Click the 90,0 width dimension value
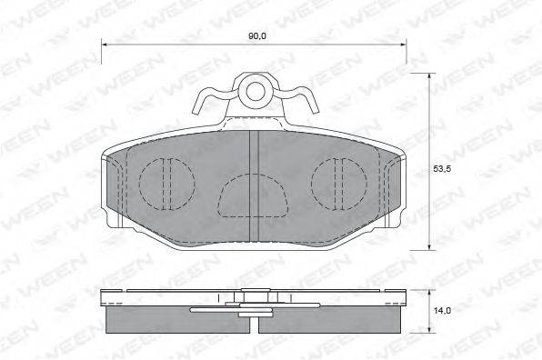pyautogui.click(x=256, y=36)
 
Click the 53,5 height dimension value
pyautogui.click(x=442, y=169)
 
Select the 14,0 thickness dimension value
pyautogui.click(x=443, y=311)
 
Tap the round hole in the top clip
pyautogui.click(x=256, y=92)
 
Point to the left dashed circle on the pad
pyautogui.click(x=139, y=185)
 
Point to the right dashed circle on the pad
pyautogui.click(x=311, y=185)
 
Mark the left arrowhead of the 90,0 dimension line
pyautogui.click(x=104, y=45)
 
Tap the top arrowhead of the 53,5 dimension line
pyautogui.click(x=429, y=76)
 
